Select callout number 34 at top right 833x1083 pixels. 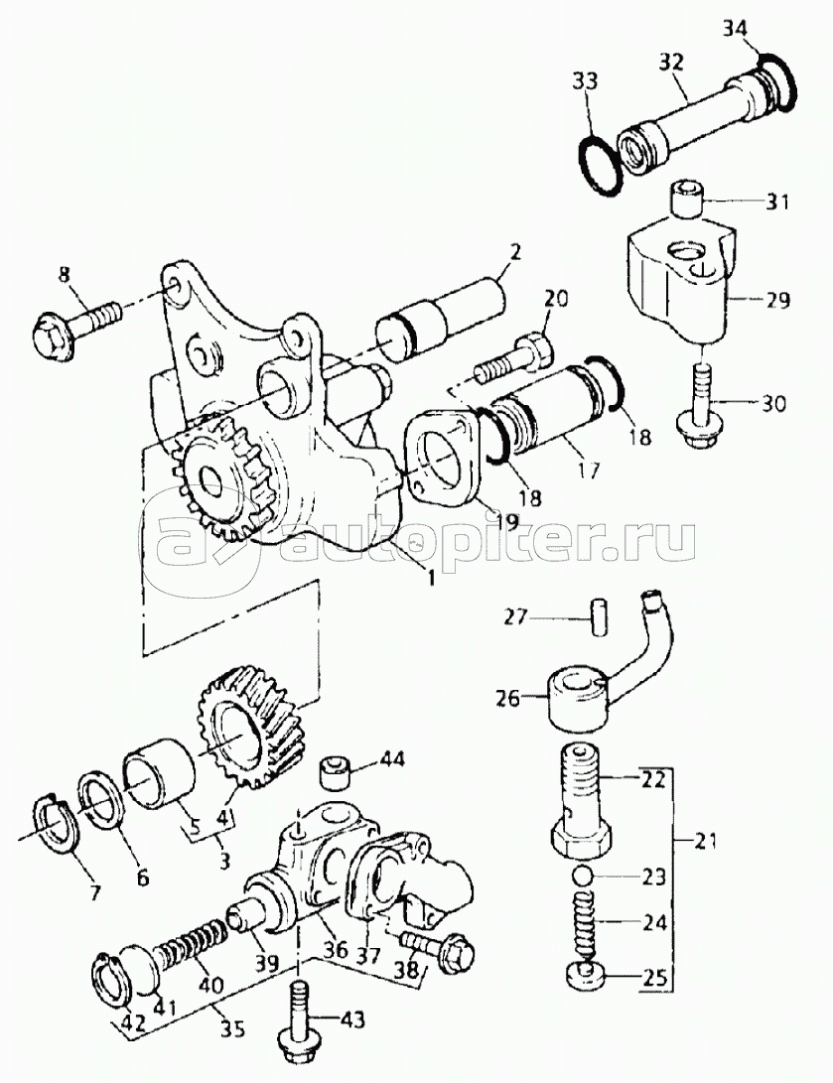point(735,30)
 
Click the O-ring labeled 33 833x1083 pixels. point(599,167)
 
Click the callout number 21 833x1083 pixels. point(705,841)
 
